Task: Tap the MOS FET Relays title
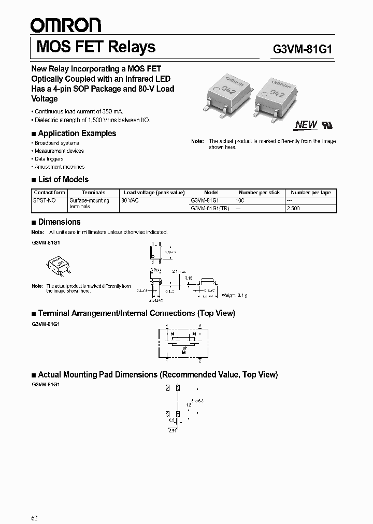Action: [x=96, y=47]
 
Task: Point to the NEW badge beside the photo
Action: [x=305, y=124]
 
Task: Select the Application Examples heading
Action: [x=77, y=133]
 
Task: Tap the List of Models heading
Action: [x=63, y=180]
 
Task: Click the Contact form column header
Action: [x=50, y=192]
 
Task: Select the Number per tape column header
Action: [x=311, y=192]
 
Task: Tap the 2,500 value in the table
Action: [x=293, y=208]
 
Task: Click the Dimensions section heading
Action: [x=59, y=222]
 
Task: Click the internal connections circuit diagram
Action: [x=184, y=342]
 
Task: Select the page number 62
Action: [x=35, y=503]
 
